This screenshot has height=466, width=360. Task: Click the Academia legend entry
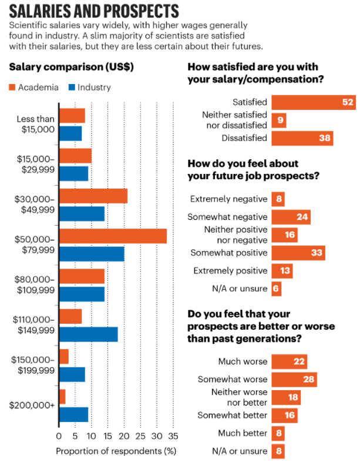[34, 88]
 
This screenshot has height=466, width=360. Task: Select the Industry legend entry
[88, 88]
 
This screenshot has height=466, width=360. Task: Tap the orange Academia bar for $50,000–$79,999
[112, 236]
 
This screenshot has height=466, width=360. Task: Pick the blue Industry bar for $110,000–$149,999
[88, 334]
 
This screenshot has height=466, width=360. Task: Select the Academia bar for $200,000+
[62, 397]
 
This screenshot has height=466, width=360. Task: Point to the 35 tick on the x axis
[173, 437]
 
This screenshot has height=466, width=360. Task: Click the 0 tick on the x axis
[59, 437]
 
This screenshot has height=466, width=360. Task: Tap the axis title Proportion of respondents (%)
[116, 451]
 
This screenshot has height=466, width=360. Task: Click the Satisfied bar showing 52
[314, 102]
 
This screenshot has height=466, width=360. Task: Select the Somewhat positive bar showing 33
[298, 253]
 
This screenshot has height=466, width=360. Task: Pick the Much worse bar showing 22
[289, 361]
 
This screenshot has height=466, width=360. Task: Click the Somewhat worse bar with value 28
[294, 380]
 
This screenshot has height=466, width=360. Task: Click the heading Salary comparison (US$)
[71, 66]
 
